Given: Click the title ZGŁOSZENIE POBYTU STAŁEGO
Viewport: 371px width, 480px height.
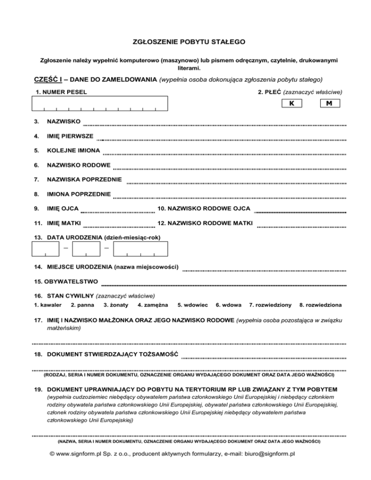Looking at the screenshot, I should (x=185, y=42).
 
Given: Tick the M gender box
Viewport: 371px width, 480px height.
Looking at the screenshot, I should (x=329, y=103).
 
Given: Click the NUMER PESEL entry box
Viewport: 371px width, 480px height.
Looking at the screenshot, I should (x=100, y=103).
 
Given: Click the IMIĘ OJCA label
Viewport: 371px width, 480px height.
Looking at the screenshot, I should (x=63, y=208).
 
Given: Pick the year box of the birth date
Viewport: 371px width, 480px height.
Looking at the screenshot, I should (x=141, y=248).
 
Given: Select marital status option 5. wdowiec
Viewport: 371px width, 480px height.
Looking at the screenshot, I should (x=193, y=305).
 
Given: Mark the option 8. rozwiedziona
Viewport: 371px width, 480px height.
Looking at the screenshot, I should (x=321, y=305).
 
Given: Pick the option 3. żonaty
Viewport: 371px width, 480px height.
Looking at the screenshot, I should (x=116, y=305).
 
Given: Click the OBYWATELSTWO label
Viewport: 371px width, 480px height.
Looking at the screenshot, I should (x=72, y=281).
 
